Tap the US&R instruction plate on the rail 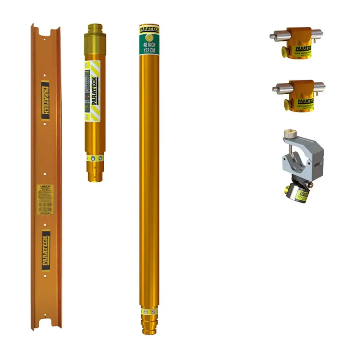click(45, 199)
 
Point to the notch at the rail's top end click(45, 33)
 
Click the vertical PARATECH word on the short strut click(94, 91)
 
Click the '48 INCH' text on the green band click(149, 45)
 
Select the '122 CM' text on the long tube click(149, 51)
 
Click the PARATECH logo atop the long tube click(149, 29)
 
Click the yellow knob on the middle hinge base click(287, 105)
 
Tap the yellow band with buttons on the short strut click(95, 158)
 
